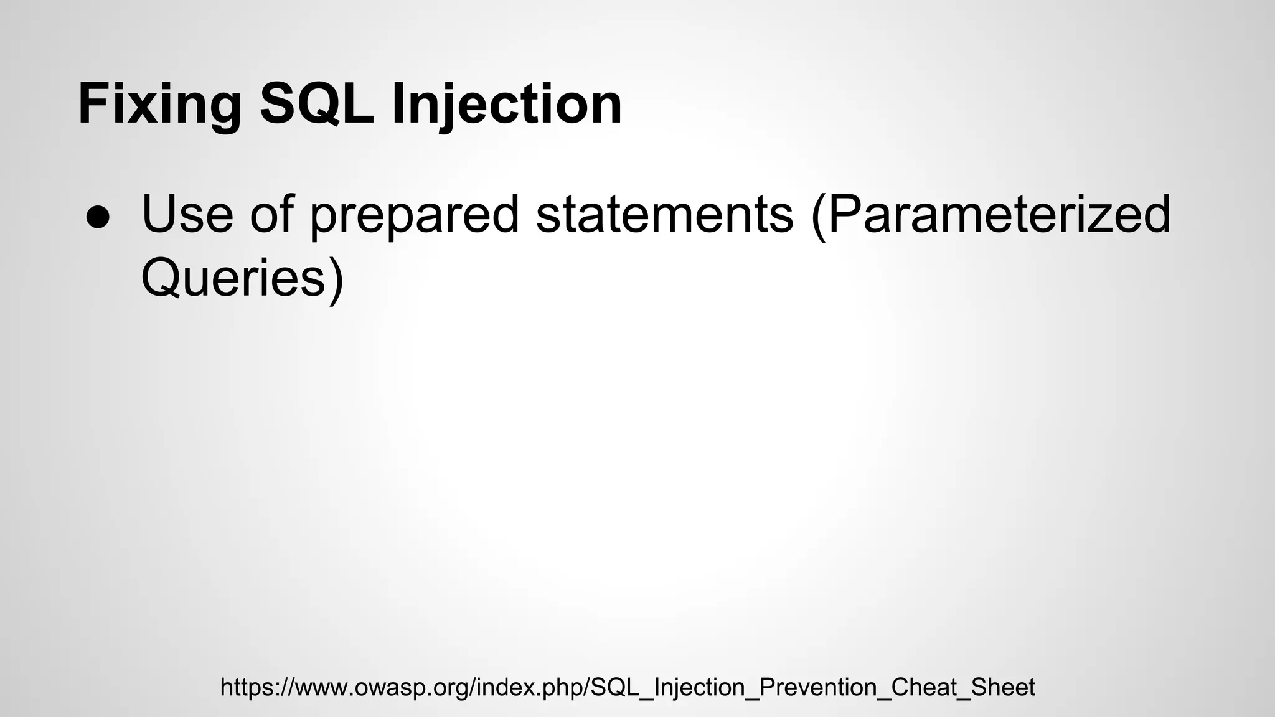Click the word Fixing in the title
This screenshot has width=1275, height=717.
[x=159, y=105]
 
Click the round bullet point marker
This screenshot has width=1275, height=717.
[x=98, y=218]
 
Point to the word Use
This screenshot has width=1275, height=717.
[x=187, y=214]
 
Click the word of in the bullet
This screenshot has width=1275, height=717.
[x=271, y=214]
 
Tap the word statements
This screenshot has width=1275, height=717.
[x=664, y=214]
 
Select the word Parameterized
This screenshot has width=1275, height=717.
[x=999, y=214]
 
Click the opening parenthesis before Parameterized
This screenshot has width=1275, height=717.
[x=818, y=215]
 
